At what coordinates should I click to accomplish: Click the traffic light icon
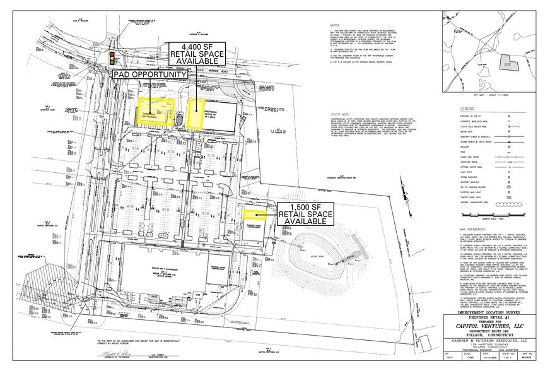tap(114, 57)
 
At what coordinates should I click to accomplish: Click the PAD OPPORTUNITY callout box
tap(150, 74)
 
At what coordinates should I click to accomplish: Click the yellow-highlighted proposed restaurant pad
tap(155, 111)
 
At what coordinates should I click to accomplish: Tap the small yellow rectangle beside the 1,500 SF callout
tap(255, 213)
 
